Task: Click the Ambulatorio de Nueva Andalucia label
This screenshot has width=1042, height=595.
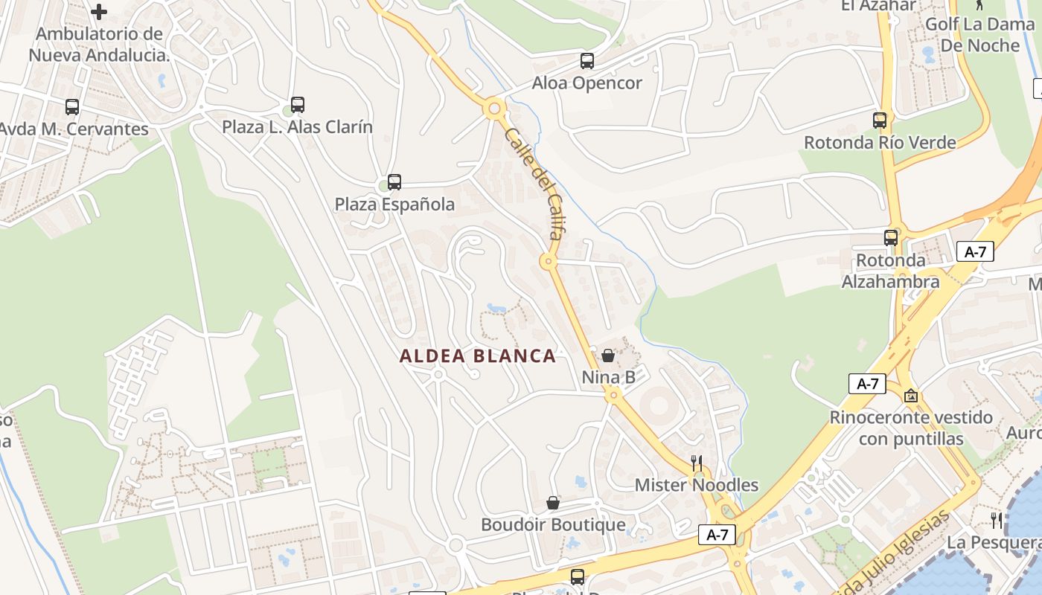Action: (99, 45)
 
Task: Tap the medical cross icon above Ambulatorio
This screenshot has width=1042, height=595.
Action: (99, 12)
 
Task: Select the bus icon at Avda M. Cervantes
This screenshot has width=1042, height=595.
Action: (72, 107)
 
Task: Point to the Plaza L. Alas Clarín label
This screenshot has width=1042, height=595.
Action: (297, 127)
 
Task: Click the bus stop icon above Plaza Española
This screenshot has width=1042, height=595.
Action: (394, 182)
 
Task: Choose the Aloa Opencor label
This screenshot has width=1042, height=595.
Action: (586, 83)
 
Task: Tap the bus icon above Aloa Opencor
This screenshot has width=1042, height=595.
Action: (587, 61)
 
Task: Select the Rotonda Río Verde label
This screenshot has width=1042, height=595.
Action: (880, 142)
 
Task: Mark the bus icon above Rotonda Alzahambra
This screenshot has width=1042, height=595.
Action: (891, 238)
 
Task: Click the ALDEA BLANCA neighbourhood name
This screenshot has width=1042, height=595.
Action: (478, 356)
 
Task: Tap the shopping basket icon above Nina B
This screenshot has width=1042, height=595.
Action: (608, 356)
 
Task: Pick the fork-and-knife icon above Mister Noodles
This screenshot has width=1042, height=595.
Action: (697, 463)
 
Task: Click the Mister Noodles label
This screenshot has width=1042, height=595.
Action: (697, 486)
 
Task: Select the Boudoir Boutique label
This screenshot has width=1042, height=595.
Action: (553, 525)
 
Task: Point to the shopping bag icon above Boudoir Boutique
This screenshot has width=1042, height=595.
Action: (553, 504)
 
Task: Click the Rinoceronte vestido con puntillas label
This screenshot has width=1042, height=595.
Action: (911, 428)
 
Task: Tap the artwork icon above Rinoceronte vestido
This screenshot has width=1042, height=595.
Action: (911, 396)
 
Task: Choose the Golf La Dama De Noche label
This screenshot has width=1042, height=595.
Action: (979, 35)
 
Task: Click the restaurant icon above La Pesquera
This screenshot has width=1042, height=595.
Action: (997, 520)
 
